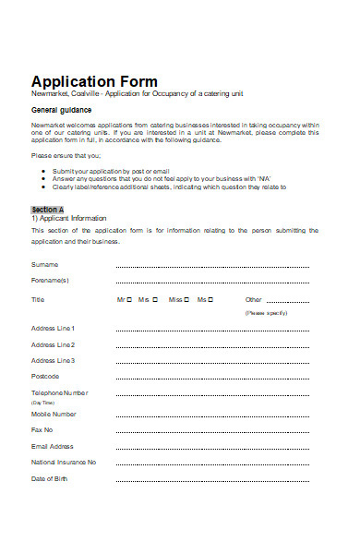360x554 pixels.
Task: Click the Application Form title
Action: pos(94,81)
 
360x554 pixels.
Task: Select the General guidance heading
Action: pos(61,110)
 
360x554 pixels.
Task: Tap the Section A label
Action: pos(48,210)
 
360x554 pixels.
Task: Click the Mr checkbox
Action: pos(129,299)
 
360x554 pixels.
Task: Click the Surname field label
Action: pos(45,264)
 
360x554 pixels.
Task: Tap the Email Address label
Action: pos(53,446)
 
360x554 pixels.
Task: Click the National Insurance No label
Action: pos(64,462)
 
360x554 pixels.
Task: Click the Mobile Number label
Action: pos(54,414)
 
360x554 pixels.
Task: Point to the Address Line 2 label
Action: pos(54,344)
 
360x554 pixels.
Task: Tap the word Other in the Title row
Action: pos(254,299)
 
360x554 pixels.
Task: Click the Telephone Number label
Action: pos(60,392)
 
